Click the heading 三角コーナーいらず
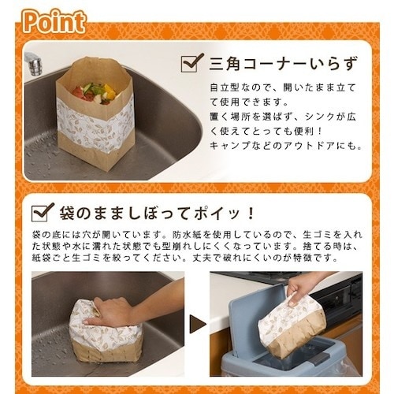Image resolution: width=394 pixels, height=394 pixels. (x=273, y=61)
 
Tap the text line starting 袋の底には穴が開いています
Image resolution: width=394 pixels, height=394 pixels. (x=197, y=234)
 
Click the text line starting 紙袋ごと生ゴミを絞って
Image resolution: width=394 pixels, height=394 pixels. (x=197, y=261)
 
